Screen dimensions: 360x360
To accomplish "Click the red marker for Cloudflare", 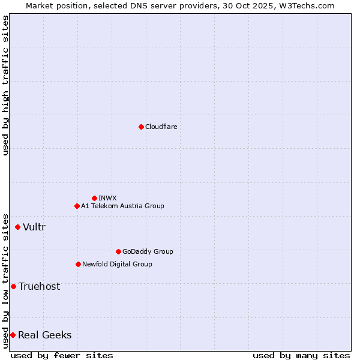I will click(141, 127).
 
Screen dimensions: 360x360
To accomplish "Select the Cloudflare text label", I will click(161, 127).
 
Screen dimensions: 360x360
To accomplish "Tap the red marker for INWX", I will click(94, 198).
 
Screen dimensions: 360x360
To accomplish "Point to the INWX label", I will click(107, 198).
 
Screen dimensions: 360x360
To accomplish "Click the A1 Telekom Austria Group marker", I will click(77, 206).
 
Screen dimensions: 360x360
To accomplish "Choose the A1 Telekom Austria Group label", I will click(122, 206).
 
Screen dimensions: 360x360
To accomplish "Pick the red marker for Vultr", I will click(17, 227).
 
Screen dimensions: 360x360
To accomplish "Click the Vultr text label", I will click(34, 227).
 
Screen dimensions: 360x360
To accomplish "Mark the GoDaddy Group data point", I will click(118, 251).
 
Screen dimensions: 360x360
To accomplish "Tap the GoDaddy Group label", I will click(147, 251).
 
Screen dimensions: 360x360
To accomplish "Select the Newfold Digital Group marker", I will click(78, 264).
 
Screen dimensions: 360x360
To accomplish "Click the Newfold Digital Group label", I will click(117, 264).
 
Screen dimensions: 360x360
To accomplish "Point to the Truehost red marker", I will click(13, 286).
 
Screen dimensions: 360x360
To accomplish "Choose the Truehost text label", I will click(39, 286).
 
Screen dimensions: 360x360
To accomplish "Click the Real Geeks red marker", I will click(13, 335).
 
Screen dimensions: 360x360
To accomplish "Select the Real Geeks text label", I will click(44, 335).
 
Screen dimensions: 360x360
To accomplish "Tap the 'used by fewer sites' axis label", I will click(62, 355).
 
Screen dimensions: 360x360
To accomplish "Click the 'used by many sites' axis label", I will click(301, 355).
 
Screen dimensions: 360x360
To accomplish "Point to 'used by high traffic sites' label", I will click(5, 85).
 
